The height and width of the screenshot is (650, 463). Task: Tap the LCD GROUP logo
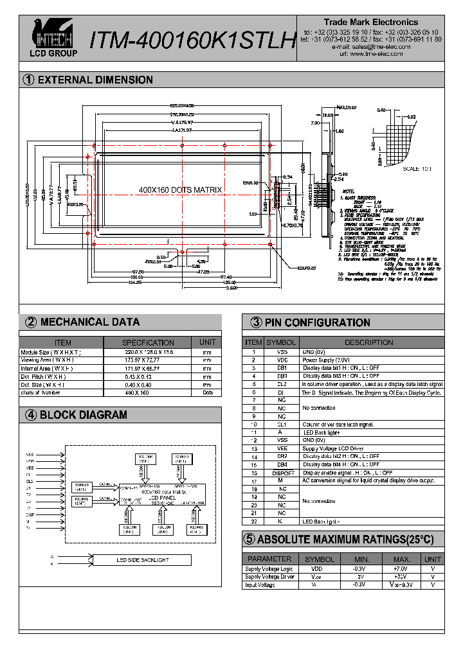click(x=55, y=38)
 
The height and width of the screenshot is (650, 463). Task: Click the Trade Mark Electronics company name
click(x=370, y=22)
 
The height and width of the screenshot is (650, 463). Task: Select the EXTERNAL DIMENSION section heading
click(x=95, y=80)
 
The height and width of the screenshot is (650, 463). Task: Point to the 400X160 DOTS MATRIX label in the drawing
click(x=180, y=190)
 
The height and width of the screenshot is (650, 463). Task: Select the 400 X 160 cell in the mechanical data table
click(x=148, y=392)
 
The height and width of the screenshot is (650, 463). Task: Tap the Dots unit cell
click(x=207, y=392)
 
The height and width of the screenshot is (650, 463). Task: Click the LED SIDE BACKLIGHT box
click(x=142, y=560)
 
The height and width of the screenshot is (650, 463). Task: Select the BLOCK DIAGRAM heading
click(x=83, y=415)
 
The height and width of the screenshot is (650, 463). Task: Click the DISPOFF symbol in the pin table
click(x=281, y=473)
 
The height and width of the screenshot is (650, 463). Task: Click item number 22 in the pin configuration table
click(x=254, y=520)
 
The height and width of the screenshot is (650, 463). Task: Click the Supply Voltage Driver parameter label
click(x=269, y=577)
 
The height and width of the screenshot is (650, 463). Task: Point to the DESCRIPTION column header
click(x=369, y=342)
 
